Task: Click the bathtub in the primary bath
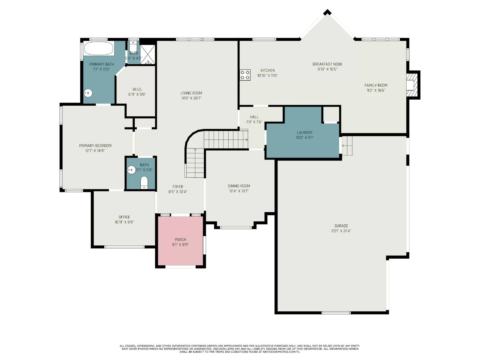pos(99,48)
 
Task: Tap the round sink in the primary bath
pos(88,93)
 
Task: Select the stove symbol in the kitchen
pos(245,75)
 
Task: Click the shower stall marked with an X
pos(148,55)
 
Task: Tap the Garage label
pos(341,226)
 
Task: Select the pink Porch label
pos(180,239)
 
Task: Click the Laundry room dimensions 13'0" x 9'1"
pos(304,138)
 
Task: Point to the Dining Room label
pos(239,186)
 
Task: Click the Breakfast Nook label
pos(327,64)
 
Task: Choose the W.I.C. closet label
pos(137,89)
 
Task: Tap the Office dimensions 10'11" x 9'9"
pos(124,222)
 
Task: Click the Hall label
pos(254,117)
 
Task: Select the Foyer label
pos(178,187)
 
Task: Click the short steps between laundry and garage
pos(347,145)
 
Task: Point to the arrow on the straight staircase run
pos(246,139)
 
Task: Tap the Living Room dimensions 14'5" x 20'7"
pos(191,98)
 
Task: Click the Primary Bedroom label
pos(95,146)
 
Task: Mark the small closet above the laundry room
pos(331,114)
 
